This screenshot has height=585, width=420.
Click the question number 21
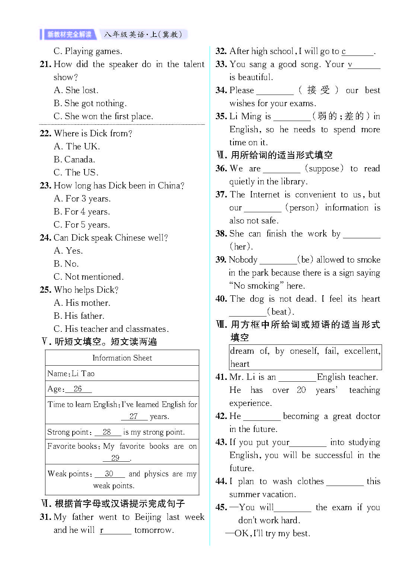[x=45, y=64]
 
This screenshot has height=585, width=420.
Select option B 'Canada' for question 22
[x=74, y=159]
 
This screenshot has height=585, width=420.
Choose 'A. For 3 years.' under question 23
[x=82, y=198]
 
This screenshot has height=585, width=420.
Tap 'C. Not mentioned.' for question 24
[x=88, y=277]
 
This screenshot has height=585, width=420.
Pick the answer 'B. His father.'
[x=79, y=316]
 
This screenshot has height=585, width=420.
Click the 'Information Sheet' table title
[x=122, y=358]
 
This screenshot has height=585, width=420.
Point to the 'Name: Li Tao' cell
[x=71, y=373]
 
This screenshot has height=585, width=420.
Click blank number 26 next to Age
[x=78, y=389]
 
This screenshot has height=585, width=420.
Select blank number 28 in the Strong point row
[x=107, y=432]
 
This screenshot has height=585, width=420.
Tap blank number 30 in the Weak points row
[x=109, y=474]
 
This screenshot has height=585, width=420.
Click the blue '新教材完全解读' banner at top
[x=69, y=35]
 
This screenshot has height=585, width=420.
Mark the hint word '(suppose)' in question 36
[x=324, y=168]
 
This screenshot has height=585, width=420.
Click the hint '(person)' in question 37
[x=302, y=207]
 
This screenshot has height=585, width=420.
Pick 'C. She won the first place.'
[x=103, y=116]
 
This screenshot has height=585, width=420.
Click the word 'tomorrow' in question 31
[x=153, y=530]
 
